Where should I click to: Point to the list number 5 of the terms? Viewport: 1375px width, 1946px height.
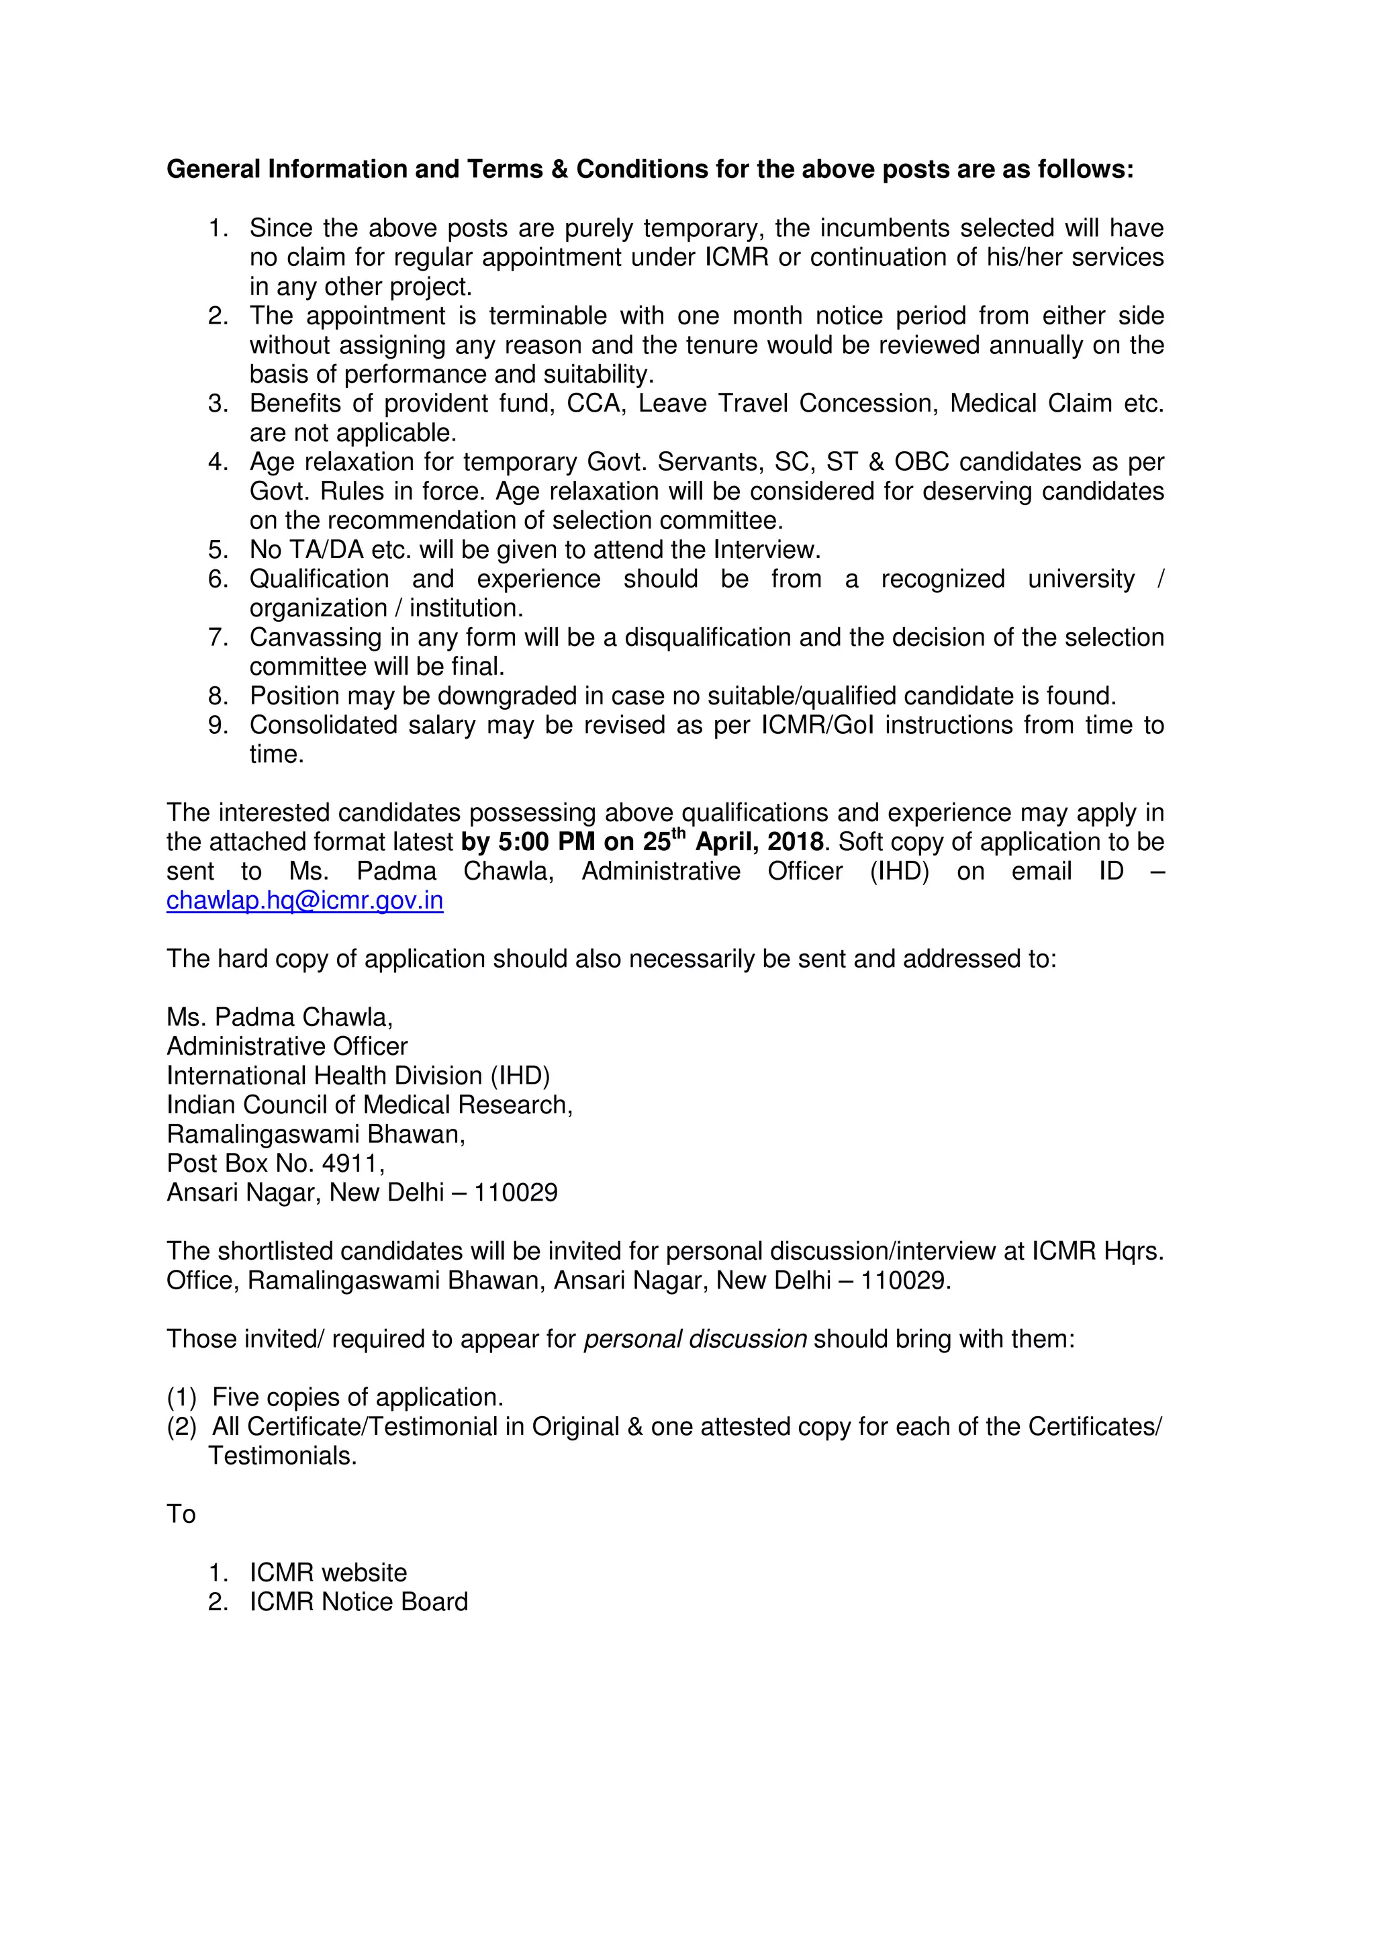point(218,550)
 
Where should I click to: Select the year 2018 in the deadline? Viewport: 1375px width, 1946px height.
point(795,843)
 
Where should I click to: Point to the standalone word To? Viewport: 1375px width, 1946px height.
point(181,1515)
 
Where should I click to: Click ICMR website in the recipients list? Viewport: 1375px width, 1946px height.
point(328,1573)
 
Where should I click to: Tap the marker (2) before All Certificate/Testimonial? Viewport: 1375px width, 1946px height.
point(181,1428)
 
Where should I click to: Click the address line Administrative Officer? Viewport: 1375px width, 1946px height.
point(287,1047)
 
